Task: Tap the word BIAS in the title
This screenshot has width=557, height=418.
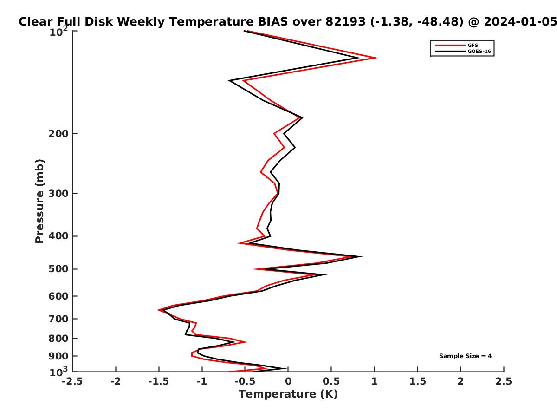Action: pos(273,22)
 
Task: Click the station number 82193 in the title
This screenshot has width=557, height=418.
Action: pos(345,22)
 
